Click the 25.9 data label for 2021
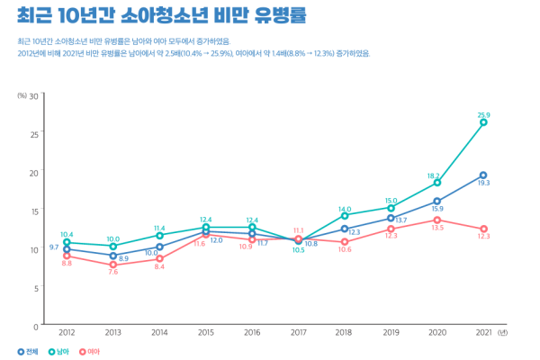pyautogui.click(x=483, y=115)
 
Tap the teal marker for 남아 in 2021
pyautogui.click(x=483, y=122)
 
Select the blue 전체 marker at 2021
pyautogui.click(x=483, y=175)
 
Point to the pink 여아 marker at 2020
pyautogui.click(x=437, y=220)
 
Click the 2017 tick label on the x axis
pyautogui.click(x=298, y=332)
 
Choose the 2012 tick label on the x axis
pyautogui.click(x=67, y=332)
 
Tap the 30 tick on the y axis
pyautogui.click(x=33, y=94)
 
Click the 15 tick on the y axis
pyautogui.click(x=33, y=211)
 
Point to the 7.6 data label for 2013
pyautogui.click(x=113, y=272)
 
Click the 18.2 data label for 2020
pyautogui.click(x=434, y=175)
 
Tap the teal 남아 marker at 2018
pyautogui.click(x=345, y=216)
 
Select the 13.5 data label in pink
pyautogui.click(x=438, y=228)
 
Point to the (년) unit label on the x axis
pyautogui.click(x=501, y=332)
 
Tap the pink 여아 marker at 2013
pyautogui.click(x=113, y=265)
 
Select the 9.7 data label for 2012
pyautogui.click(x=54, y=247)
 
